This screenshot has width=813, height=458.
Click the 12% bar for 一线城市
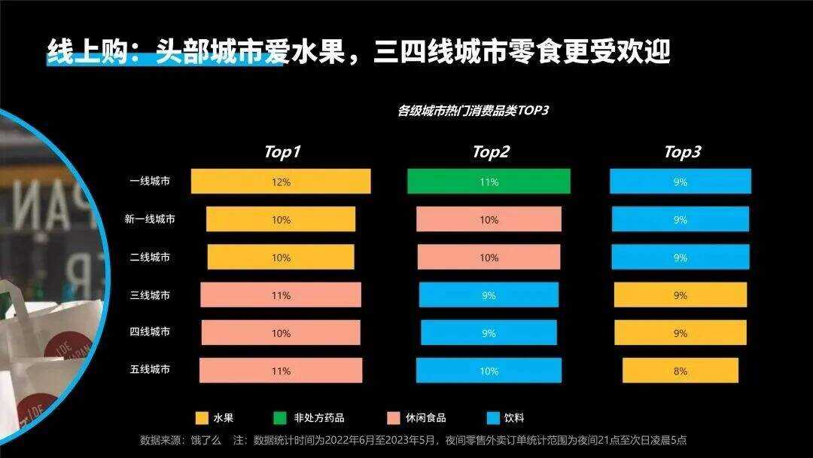pyautogui.click(x=280, y=182)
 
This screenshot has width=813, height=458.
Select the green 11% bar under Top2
pyautogui.click(x=489, y=182)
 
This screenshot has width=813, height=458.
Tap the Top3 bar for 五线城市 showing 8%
pyautogui.click(x=680, y=371)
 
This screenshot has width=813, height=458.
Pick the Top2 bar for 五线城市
pyautogui.click(x=489, y=371)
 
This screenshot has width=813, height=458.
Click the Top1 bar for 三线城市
pyautogui.click(x=280, y=295)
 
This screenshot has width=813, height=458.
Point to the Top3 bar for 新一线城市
pyautogui.click(x=680, y=219)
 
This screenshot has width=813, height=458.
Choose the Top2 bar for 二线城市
pyautogui.click(x=489, y=258)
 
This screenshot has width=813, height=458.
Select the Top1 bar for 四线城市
pyautogui.click(x=280, y=332)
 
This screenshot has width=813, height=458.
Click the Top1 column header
pyautogui.click(x=282, y=152)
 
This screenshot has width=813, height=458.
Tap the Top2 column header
pyautogui.click(x=491, y=152)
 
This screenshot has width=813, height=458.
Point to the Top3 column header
pyautogui.click(x=682, y=152)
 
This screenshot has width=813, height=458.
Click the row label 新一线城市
pyautogui.click(x=150, y=219)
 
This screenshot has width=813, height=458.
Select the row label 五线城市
pyautogui.click(x=150, y=370)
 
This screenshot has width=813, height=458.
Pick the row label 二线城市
pyautogui.click(x=150, y=257)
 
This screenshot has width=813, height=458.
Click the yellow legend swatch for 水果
pyautogui.click(x=201, y=418)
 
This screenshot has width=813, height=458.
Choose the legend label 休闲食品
pyautogui.click(x=426, y=418)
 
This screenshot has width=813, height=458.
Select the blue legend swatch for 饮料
pyautogui.click(x=493, y=418)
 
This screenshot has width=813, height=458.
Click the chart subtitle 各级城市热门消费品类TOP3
pyautogui.click(x=473, y=111)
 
